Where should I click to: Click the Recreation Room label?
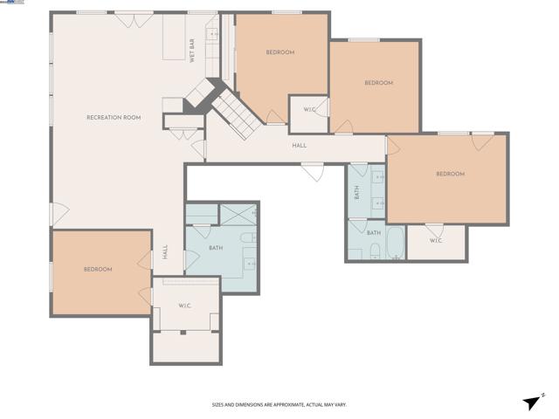tap(114, 117)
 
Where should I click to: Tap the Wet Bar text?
tap(192, 51)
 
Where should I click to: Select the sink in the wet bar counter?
tap(211, 35)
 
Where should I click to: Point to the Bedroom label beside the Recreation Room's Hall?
tap(98, 269)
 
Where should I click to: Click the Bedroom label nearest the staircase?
tap(279, 52)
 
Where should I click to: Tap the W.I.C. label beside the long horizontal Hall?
tap(308, 109)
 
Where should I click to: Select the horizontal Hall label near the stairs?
tap(299, 146)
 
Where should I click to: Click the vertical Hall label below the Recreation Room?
tap(165, 252)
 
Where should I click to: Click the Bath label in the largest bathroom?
tap(216, 248)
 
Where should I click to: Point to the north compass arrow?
tap(532, 401)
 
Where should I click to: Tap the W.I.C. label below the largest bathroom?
tap(184, 305)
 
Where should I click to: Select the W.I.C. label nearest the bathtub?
tap(436, 241)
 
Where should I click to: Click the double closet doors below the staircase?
tap(181, 133)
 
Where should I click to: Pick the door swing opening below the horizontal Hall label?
tap(312, 172)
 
